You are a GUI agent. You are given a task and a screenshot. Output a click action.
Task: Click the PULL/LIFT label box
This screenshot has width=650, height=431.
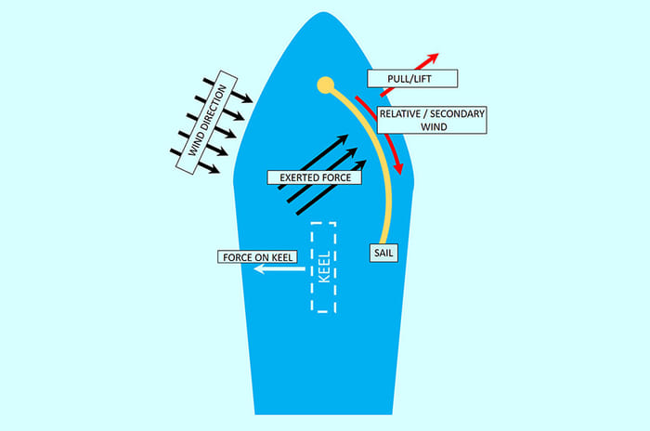coord(401,79)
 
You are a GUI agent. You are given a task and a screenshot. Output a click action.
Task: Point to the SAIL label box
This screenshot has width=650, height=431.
coord(383,252)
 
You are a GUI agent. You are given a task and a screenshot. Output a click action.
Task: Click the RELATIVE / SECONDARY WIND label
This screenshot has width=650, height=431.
coord(432,120)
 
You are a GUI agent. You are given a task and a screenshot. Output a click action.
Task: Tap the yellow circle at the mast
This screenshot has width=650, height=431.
coord(325,86)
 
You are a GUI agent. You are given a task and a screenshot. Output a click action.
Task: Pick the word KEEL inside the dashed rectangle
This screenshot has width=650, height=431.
coord(323,268)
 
